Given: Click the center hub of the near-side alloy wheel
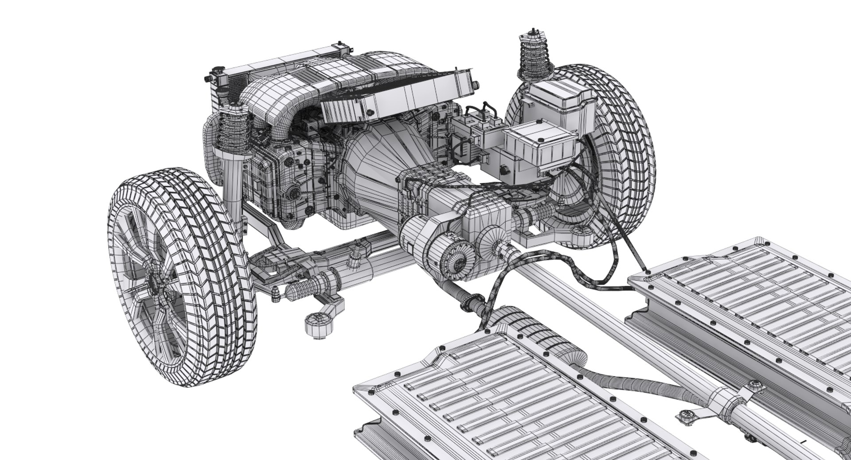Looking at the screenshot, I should (156, 284).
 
